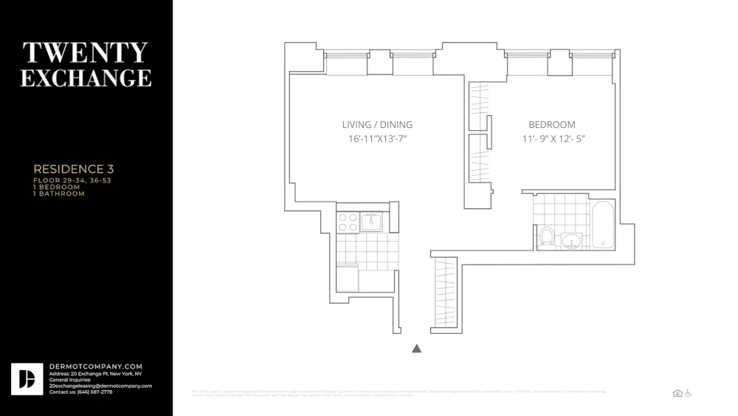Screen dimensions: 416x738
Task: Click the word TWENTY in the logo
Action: click(86, 52)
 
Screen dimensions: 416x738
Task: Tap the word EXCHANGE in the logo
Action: click(86, 78)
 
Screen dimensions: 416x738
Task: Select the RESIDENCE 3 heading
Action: click(73, 169)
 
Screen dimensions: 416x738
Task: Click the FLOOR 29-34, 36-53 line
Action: click(72, 180)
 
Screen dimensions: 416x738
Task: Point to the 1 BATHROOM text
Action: click(59, 194)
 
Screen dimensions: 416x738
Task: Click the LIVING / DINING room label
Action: click(377, 124)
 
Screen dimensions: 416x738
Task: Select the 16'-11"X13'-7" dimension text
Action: click(377, 139)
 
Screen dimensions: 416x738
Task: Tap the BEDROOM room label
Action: click(552, 124)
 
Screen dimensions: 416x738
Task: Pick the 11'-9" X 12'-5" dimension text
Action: click(553, 139)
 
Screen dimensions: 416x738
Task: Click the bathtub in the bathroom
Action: click(602, 225)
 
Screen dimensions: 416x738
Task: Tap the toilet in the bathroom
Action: click(547, 237)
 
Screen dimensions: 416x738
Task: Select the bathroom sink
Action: click(570, 241)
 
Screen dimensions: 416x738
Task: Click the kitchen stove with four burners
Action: click(348, 222)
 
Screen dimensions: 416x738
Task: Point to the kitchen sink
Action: click(370, 222)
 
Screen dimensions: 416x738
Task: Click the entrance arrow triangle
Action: click(416, 348)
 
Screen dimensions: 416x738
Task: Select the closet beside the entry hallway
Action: click(446, 293)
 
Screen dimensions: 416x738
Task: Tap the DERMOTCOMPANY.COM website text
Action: click(96, 366)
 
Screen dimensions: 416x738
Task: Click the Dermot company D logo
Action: click(27, 379)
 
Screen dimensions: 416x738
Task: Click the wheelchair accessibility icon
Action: click(689, 393)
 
